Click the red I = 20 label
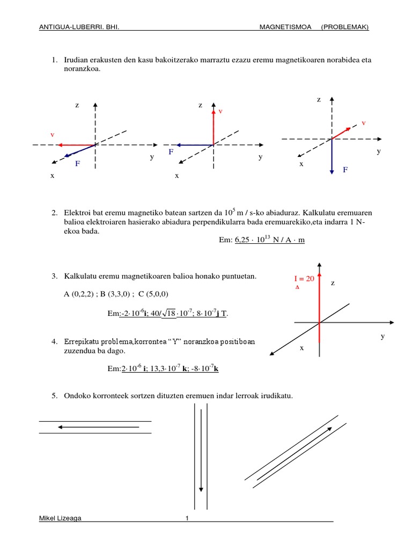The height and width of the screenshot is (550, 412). (x=304, y=279)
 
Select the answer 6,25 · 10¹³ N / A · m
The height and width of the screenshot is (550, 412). (x=269, y=240)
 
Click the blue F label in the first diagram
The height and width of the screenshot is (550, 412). (x=77, y=163)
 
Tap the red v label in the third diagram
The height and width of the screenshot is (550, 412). (x=363, y=123)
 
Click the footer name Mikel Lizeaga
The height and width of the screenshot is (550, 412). (x=61, y=518)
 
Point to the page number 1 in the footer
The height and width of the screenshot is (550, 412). (x=187, y=518)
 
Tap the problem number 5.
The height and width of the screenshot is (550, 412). (x=54, y=396)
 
